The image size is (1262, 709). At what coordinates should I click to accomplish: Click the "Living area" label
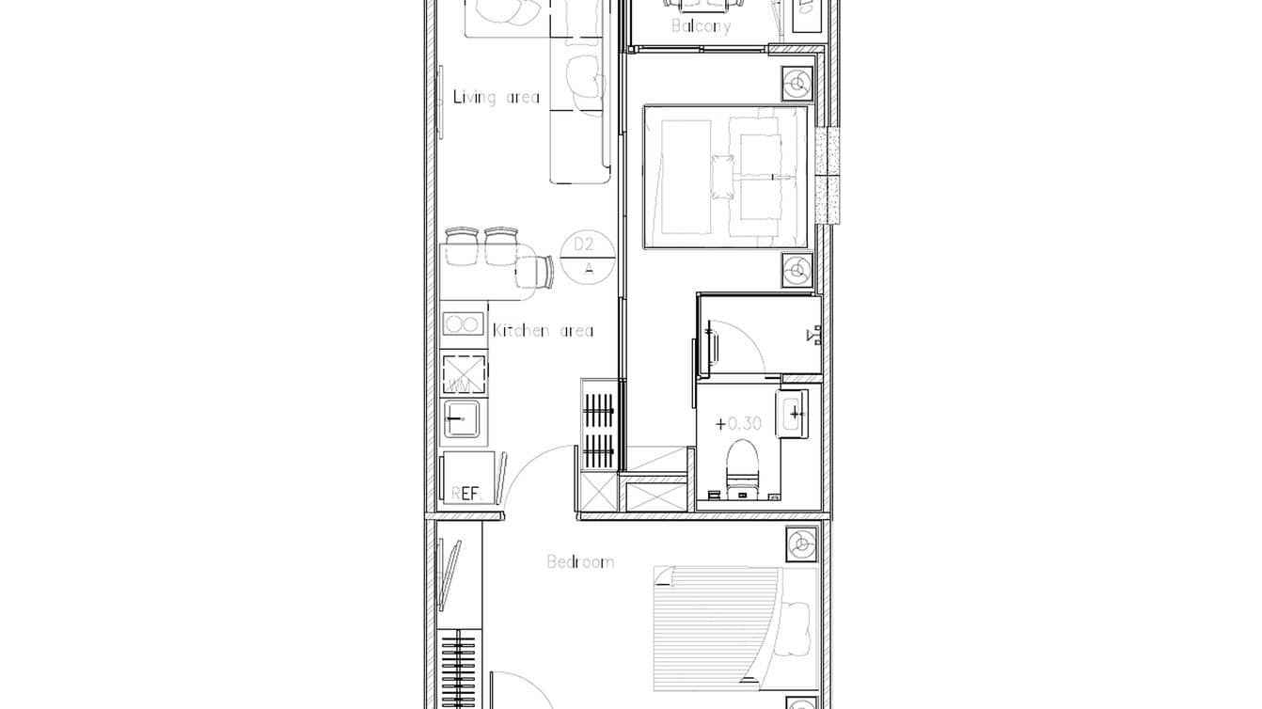[497, 97]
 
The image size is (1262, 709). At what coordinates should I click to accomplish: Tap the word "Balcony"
[701, 26]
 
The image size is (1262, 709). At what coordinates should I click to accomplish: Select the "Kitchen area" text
[543, 331]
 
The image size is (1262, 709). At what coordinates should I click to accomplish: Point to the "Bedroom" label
[580, 562]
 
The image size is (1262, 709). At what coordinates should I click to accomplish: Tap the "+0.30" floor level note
[738, 424]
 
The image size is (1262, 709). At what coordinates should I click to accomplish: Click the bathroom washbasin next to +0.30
[792, 414]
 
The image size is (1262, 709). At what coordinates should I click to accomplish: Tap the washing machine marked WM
[464, 375]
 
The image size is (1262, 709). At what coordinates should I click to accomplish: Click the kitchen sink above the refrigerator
[464, 419]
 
